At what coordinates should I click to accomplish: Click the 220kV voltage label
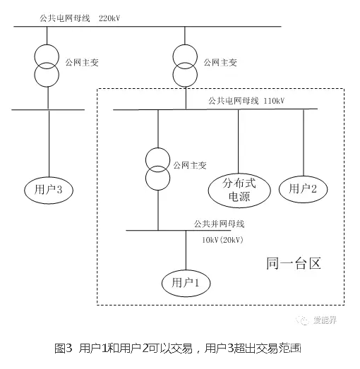[109, 18]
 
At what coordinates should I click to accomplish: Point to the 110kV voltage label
[274, 101]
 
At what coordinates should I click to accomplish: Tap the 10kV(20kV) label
[222, 240]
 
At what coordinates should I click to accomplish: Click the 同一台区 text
[294, 263]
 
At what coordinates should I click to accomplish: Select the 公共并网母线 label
[219, 224]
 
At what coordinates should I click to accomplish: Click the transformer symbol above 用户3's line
[47, 66]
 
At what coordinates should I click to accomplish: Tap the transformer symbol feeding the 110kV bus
[185, 66]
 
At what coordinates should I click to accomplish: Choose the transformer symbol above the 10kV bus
[157, 169]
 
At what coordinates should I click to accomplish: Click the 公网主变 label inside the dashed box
[190, 165]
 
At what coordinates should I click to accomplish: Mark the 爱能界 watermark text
[325, 320]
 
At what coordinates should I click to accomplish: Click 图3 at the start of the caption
[63, 349]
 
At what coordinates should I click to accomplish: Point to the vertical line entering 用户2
[304, 143]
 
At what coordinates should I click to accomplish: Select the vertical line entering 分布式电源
[239, 141]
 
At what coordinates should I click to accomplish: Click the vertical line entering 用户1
[186, 250]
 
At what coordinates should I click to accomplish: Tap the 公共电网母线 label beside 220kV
[65, 18]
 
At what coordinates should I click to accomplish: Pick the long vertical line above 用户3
[49, 143]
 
